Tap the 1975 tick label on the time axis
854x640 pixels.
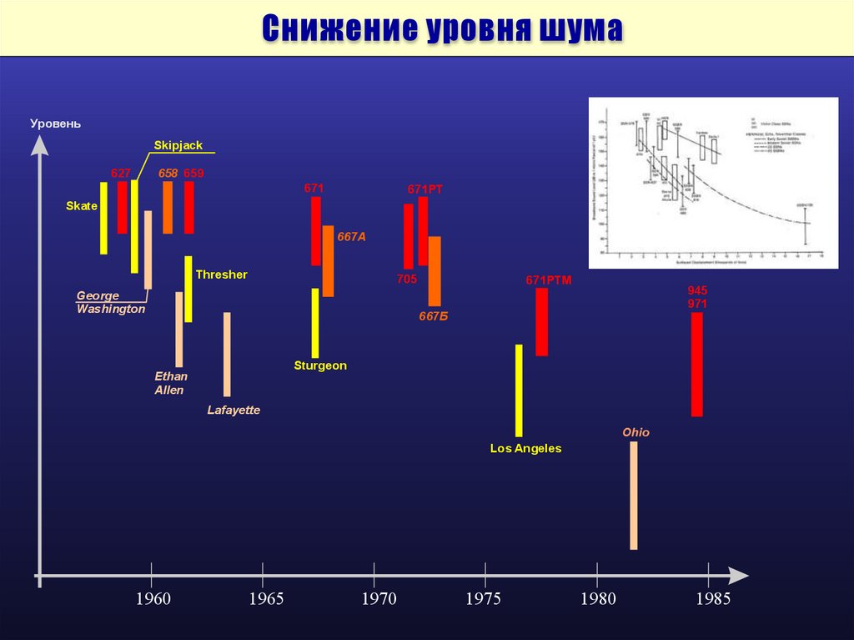pyautogui.click(x=484, y=598)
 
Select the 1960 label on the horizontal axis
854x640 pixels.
pyautogui.click(x=153, y=598)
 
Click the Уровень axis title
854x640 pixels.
pyautogui.click(x=56, y=123)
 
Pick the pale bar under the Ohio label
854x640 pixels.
pyautogui.click(x=633, y=495)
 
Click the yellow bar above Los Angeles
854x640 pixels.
pyautogui.click(x=519, y=390)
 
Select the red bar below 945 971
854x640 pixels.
pyautogui.click(x=697, y=364)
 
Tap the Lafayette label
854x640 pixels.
pyautogui.click(x=234, y=410)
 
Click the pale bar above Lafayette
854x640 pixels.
pyautogui.click(x=227, y=354)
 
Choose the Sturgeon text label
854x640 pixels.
pyautogui.click(x=320, y=365)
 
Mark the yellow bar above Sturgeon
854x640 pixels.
pyautogui.click(x=315, y=323)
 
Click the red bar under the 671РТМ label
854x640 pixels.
pyautogui.click(x=542, y=322)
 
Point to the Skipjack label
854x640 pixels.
pyautogui.click(x=178, y=145)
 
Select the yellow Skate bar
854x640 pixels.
pyautogui.click(x=103, y=217)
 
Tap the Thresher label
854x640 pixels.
pyautogui.click(x=221, y=275)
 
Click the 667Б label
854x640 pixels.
pyautogui.click(x=433, y=315)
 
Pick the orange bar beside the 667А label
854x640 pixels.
pyautogui.click(x=328, y=260)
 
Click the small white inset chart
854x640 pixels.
pyautogui.click(x=713, y=183)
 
